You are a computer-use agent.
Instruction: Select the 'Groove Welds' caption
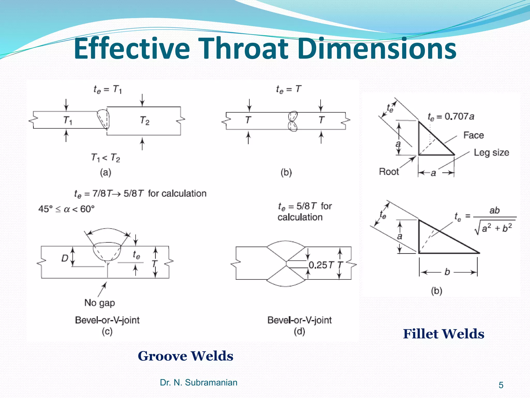[x=185, y=356]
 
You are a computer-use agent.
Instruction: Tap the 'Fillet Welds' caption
[x=444, y=334]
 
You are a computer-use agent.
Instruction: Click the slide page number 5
[x=501, y=385]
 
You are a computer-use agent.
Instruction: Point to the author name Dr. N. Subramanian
[x=198, y=382]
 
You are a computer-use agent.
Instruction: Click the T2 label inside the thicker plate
[x=145, y=120]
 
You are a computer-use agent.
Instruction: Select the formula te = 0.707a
[x=451, y=117]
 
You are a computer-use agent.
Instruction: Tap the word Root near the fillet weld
[x=389, y=172]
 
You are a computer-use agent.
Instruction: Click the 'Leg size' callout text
[x=491, y=152]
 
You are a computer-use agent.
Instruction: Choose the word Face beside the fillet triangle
[x=473, y=135]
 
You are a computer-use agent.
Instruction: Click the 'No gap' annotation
[x=100, y=303]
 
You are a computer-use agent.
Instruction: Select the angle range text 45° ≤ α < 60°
[x=66, y=209]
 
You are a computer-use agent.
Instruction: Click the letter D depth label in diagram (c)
[x=64, y=258]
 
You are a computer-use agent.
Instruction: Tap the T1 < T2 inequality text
[x=106, y=158]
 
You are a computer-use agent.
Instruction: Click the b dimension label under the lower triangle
[x=447, y=272]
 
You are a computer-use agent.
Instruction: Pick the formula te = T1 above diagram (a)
[x=108, y=90]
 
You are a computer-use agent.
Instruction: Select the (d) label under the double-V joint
[x=299, y=331]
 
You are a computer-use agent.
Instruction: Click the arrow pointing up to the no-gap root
[x=102, y=289]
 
